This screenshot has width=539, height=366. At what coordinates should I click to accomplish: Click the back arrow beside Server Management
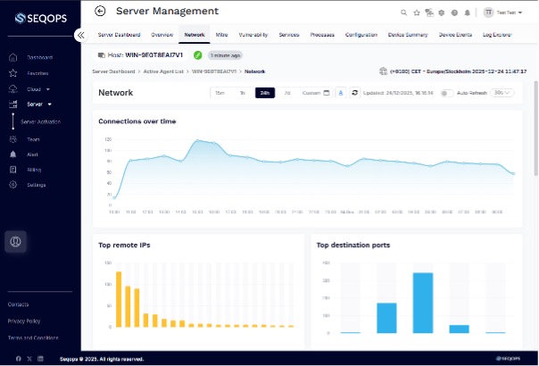click(100, 12)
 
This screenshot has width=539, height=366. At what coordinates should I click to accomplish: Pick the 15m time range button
click(220, 92)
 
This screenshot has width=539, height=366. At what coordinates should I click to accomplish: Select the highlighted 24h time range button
click(264, 92)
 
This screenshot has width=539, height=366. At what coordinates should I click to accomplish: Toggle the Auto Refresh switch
click(446, 92)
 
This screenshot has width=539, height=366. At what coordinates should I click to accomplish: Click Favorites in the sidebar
click(38, 73)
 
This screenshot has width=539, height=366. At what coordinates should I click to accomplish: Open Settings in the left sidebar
click(36, 184)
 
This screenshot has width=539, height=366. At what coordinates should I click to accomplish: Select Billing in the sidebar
click(34, 169)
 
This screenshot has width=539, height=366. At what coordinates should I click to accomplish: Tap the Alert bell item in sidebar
click(33, 154)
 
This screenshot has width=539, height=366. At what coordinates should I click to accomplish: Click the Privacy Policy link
click(23, 320)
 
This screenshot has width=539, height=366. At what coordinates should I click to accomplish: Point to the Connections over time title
click(137, 121)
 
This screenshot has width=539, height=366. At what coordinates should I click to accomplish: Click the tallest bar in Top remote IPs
click(119, 299)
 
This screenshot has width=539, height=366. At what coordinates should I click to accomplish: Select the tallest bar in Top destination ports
click(423, 303)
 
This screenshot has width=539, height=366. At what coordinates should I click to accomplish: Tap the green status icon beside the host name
click(198, 54)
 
